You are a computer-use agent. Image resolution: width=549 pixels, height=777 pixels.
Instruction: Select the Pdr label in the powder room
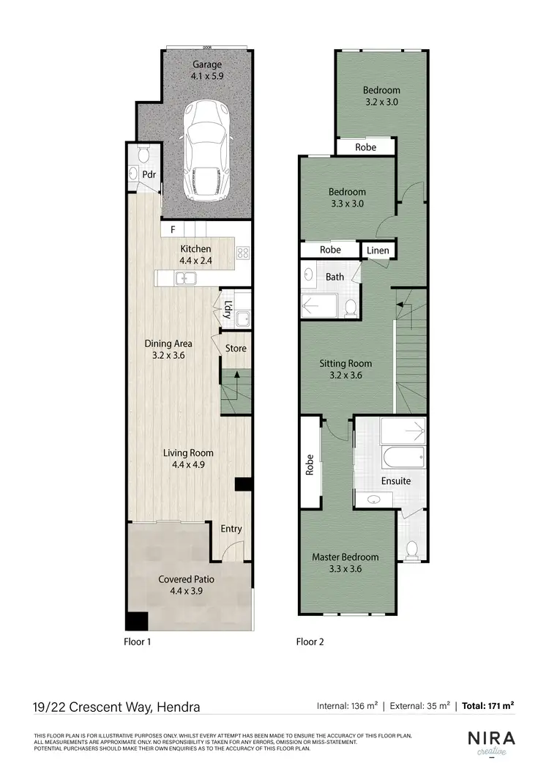tap(149, 175)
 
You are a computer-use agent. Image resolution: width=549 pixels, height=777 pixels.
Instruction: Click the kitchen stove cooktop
tap(243, 254)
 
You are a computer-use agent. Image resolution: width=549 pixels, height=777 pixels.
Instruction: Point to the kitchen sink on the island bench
tap(184, 278)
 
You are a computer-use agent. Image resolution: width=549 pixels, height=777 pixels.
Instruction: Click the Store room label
tap(236, 348)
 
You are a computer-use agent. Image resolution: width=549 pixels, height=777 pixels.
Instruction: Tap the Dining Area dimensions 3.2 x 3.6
tap(168, 355)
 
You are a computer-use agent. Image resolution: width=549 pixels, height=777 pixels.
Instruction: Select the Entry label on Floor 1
tap(231, 529)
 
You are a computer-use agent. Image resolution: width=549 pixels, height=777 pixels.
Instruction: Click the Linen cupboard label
tap(378, 250)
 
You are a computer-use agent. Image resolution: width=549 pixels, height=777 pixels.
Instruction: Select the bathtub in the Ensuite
tap(403, 459)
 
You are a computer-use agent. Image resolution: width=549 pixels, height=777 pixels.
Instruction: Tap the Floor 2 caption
tap(310, 642)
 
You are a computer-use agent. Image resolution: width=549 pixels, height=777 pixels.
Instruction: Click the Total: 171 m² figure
tap(488, 706)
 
